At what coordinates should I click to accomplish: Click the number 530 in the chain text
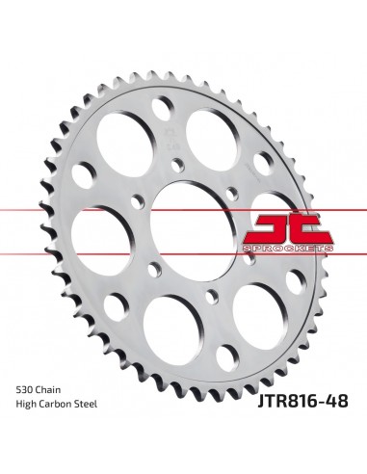click(24, 390)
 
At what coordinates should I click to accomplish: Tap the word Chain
click(48, 390)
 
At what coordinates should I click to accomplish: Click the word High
click(26, 405)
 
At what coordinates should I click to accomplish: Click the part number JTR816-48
click(302, 401)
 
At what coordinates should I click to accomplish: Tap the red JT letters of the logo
click(287, 229)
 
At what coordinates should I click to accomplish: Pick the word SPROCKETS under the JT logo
click(287, 249)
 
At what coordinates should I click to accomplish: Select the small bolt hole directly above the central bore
click(178, 165)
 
